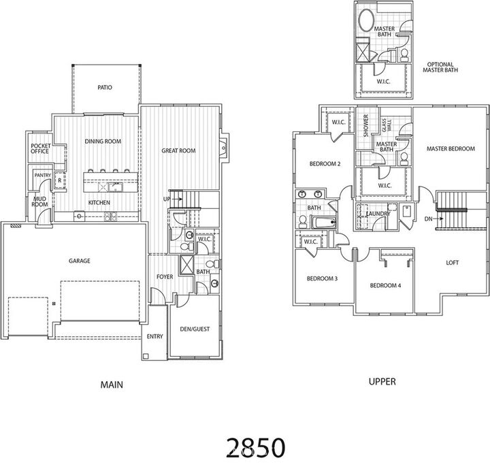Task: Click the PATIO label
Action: [x=104, y=88]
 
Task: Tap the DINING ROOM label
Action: [x=103, y=142]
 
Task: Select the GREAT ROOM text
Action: [x=178, y=150]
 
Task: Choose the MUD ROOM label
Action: [x=39, y=201]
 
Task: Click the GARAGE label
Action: [x=79, y=261]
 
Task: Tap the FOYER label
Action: [x=165, y=277]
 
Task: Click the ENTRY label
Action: [x=154, y=337]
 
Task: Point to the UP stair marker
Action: [x=167, y=198]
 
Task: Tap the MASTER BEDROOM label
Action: [x=450, y=148]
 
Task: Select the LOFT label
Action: [x=453, y=261]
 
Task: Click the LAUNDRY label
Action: [x=377, y=214]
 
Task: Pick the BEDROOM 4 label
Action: [x=385, y=285]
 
